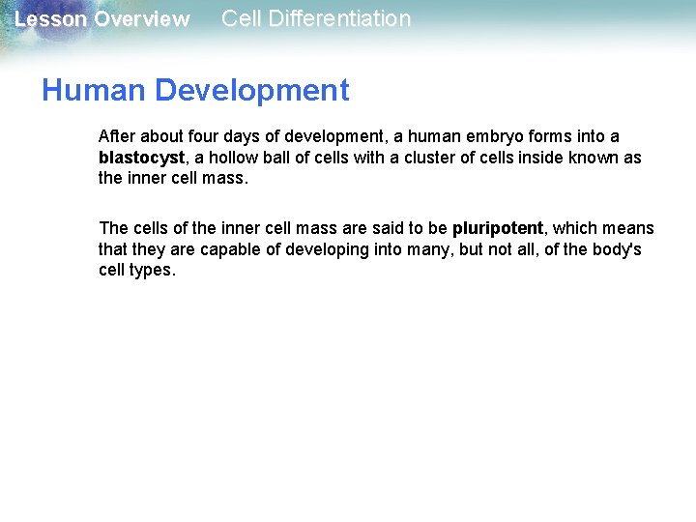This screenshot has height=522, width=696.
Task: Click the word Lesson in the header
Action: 50,19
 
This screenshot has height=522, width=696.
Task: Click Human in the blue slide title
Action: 94,91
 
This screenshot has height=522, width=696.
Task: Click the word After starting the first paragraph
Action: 117,136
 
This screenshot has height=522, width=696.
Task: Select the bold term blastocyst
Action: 141,158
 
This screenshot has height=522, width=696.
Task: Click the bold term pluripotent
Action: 498,229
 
